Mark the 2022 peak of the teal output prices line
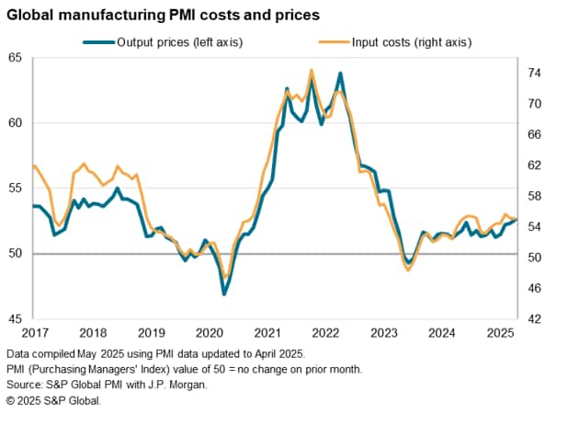(341, 73)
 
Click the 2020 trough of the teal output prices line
(223, 294)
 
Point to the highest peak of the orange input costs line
(312, 70)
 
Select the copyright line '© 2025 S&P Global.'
(53, 401)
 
